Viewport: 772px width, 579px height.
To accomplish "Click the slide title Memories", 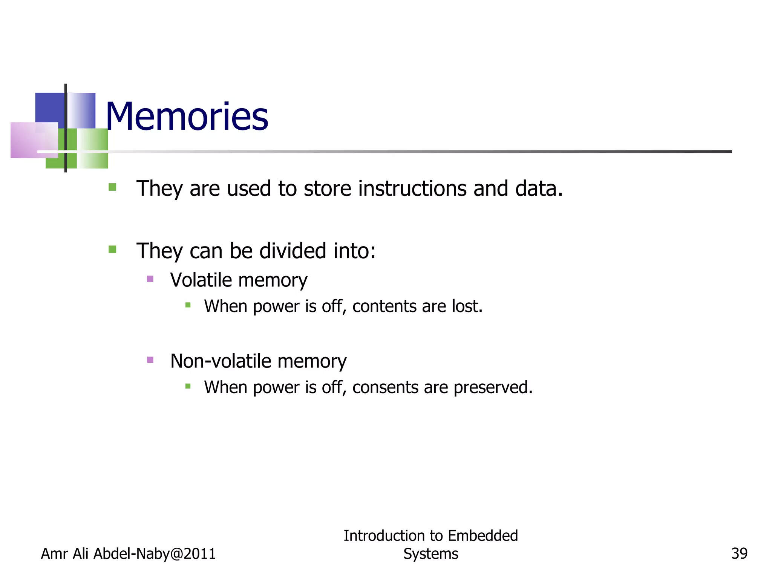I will point(187,117).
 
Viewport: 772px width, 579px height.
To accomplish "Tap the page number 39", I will point(739,554).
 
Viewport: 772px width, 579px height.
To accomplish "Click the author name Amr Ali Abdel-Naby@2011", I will point(128,554).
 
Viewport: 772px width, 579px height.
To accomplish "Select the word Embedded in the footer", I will point(483,536).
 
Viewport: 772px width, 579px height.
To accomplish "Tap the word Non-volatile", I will point(221,361).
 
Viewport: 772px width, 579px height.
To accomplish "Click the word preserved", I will point(493,388).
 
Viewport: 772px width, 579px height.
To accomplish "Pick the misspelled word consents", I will point(385,388).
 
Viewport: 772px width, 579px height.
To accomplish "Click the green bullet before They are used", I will point(112,187).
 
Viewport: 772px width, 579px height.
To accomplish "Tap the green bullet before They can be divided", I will point(112,249).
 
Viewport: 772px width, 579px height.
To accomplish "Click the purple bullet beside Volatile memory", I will point(150,279).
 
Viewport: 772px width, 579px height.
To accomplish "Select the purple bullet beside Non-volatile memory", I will point(150,360).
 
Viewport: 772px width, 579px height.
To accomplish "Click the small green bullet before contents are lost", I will point(188,305).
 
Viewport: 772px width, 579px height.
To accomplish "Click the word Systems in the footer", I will point(430,554).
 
